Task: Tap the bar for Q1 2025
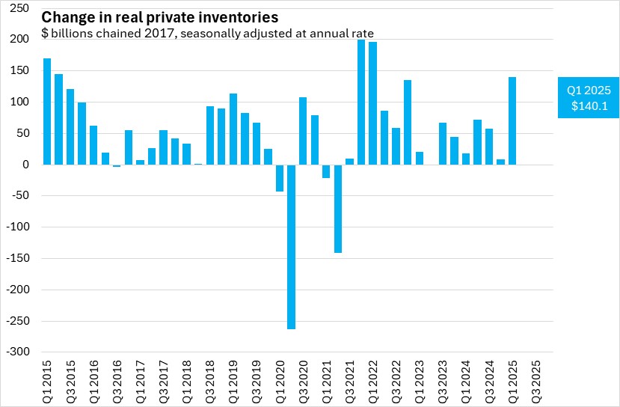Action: (x=512, y=120)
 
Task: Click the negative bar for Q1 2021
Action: (x=326, y=171)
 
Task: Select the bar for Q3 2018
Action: (x=210, y=135)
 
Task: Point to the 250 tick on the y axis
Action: (x=20, y=7)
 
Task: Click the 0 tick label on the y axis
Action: (x=25, y=165)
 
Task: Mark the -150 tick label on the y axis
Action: (x=18, y=259)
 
